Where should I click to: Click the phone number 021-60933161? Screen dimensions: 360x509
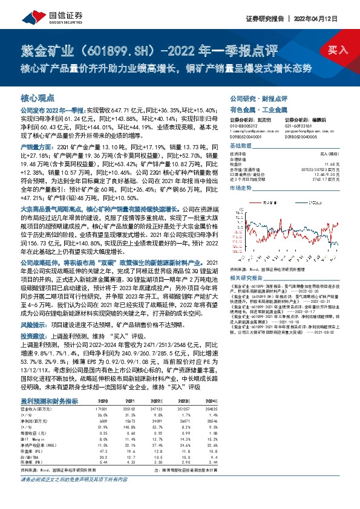coord(301,125)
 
